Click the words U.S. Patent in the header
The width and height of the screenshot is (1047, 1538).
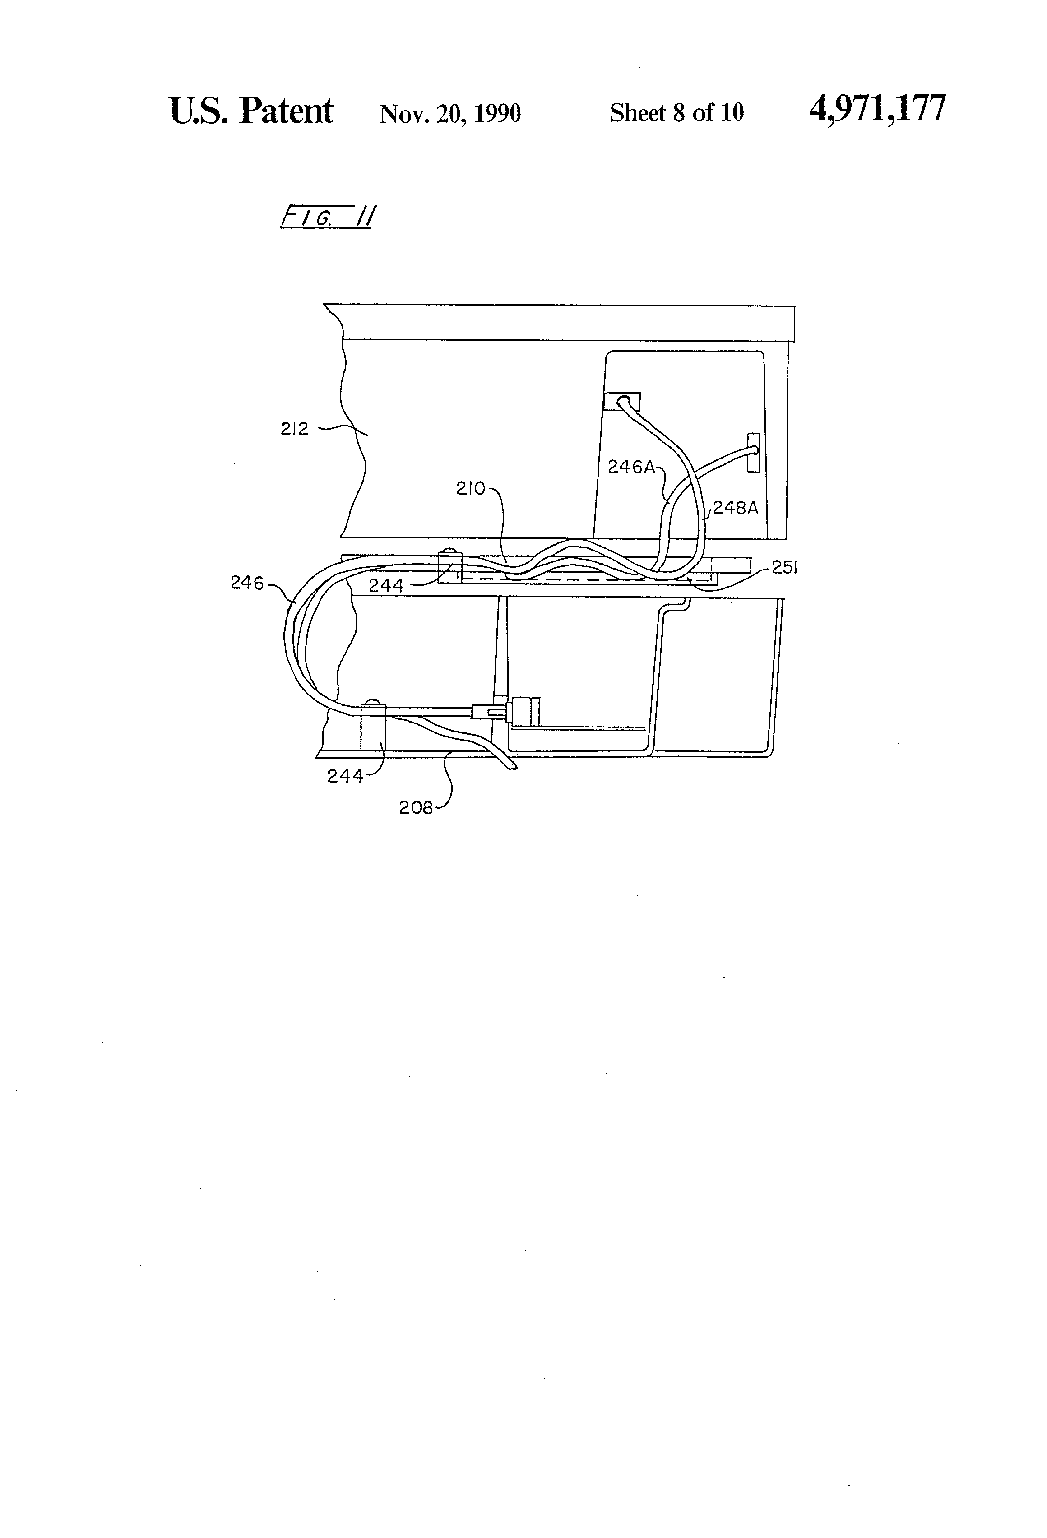coord(251,111)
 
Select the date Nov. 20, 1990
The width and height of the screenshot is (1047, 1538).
coord(450,113)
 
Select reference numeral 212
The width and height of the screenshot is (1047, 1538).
coord(295,430)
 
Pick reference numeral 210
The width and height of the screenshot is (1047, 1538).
coord(471,489)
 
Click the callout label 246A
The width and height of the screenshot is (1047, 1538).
coord(631,467)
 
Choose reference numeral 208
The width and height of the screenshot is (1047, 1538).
coord(416,808)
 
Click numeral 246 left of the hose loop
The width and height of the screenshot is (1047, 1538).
coord(247,583)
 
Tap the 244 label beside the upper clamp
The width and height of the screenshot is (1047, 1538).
coord(386,586)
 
